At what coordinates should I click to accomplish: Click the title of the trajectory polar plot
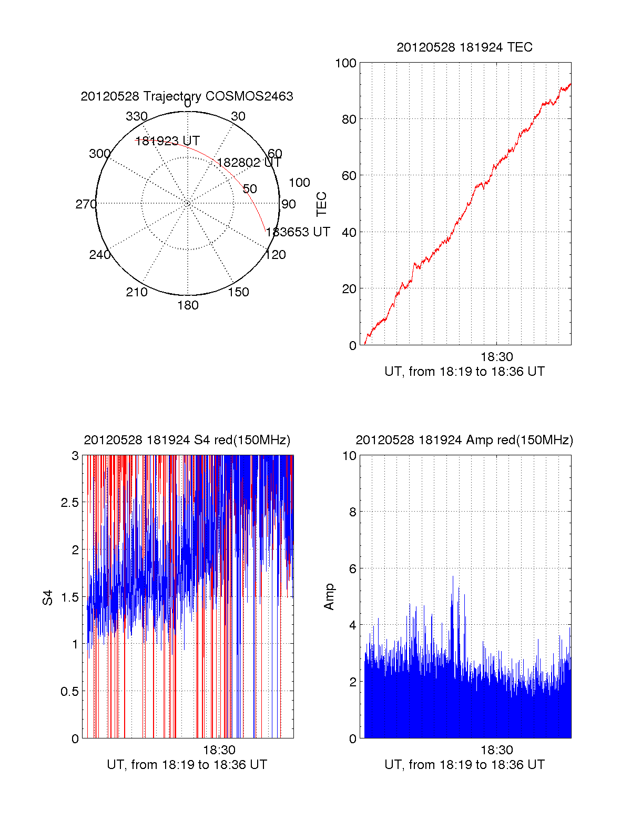coord(187,96)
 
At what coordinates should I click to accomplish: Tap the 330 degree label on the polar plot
coord(137,116)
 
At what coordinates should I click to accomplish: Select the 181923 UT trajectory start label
coord(168,141)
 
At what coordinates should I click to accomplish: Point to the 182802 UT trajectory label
coord(249,163)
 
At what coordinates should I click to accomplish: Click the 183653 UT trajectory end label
coord(298,232)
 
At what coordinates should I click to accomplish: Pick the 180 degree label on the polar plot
coord(188,305)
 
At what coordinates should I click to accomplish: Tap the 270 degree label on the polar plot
coord(86,204)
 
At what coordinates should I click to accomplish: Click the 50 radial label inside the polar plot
coord(250,189)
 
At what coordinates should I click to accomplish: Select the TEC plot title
coord(464,47)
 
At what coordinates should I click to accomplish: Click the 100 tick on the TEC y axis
coord(345,63)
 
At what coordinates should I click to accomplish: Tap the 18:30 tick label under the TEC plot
coord(496,357)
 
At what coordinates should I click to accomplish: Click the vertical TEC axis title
coord(321,204)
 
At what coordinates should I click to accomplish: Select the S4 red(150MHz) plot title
coord(187,440)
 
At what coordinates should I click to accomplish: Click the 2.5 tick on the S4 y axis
coord(70,503)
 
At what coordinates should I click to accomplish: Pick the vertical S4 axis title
coord(48,597)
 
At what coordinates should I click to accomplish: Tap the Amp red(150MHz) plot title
coord(464,440)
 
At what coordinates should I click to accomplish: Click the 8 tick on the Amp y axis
coord(353,512)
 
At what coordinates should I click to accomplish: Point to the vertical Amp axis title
coord(329,597)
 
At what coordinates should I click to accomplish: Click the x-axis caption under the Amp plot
coord(464,765)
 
